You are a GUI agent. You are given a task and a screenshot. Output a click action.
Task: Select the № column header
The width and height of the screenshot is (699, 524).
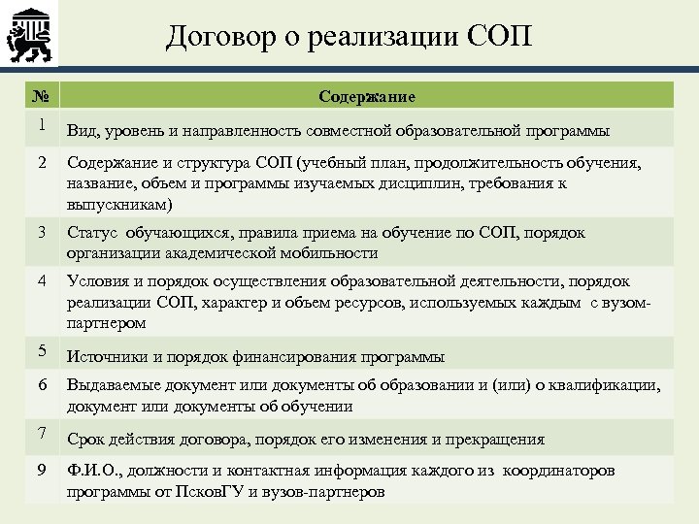pyautogui.click(x=39, y=96)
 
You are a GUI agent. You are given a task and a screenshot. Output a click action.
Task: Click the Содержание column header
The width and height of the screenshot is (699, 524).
pyautogui.click(x=367, y=96)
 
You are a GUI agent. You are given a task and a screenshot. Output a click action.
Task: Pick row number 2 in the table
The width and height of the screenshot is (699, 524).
pyautogui.click(x=42, y=162)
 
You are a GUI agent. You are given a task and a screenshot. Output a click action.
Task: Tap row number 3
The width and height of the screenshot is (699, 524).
pyautogui.click(x=42, y=233)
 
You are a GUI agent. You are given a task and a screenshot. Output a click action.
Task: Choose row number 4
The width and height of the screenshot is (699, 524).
pyautogui.click(x=42, y=280)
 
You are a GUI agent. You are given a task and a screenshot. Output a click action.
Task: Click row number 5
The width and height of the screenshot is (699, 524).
pyautogui.click(x=42, y=349)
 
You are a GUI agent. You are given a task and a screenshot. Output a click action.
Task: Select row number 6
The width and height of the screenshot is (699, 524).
pyautogui.click(x=42, y=385)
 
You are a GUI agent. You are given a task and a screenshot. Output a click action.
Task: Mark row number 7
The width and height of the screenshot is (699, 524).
pyautogui.click(x=42, y=432)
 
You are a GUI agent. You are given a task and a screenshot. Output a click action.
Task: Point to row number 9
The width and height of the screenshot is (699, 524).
pyautogui.click(x=42, y=470)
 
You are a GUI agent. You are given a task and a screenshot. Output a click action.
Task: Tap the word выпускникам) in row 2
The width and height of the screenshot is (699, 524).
pyautogui.click(x=119, y=205)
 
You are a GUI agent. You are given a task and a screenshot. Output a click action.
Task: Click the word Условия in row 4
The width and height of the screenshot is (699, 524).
pyautogui.click(x=101, y=280)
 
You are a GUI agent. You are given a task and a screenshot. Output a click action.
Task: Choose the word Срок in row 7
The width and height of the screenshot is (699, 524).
pyautogui.click(x=87, y=439)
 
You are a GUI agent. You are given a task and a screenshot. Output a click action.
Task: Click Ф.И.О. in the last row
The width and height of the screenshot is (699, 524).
pyautogui.click(x=93, y=471)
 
